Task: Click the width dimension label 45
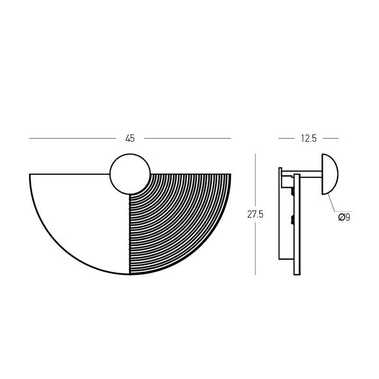pyautogui.click(x=130, y=138)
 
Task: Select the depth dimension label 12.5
pyautogui.click(x=309, y=138)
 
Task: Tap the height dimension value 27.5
pyautogui.click(x=255, y=215)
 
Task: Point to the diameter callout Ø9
pyautogui.click(x=344, y=217)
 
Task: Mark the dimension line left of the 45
pyautogui.click(x=72, y=138)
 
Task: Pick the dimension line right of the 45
pyautogui.click(x=188, y=138)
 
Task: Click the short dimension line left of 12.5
pyautogui.click(x=287, y=138)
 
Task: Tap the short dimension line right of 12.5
pyautogui.click(x=331, y=138)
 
